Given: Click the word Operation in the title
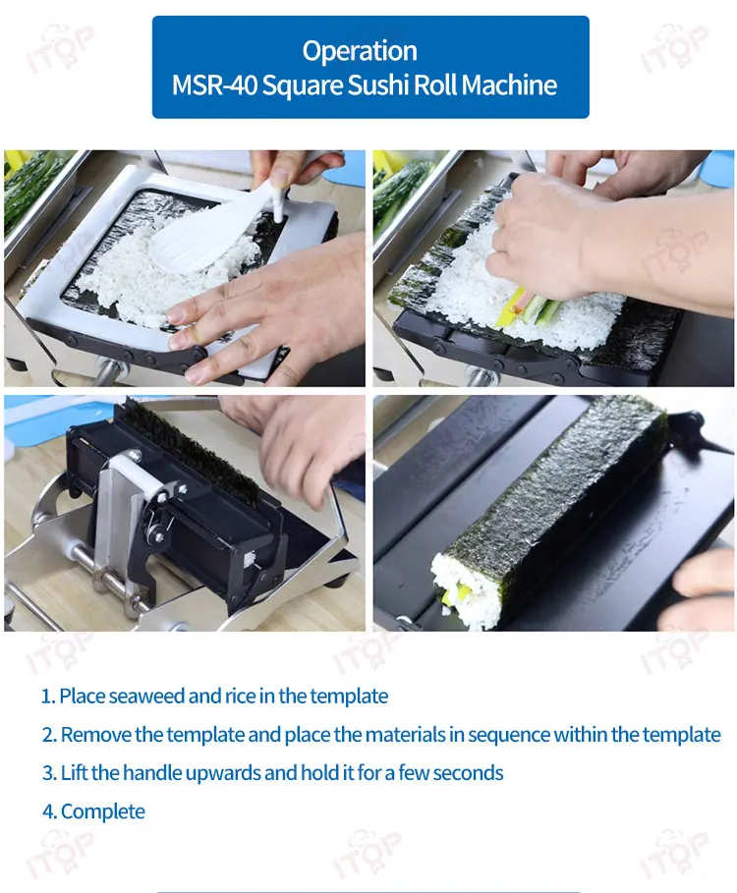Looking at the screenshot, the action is click(360, 51).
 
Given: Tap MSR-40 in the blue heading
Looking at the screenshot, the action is click(214, 85).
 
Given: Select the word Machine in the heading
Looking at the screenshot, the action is click(509, 85).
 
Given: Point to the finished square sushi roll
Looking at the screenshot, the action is click(549, 513).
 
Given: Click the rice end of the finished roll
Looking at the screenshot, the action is click(464, 592).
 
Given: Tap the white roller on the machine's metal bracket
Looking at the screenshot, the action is click(140, 478).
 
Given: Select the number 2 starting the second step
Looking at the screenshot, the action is click(48, 735).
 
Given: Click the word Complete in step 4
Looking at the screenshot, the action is click(102, 811).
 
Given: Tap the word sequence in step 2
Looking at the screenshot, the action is click(507, 735).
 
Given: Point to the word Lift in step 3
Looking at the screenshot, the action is click(74, 773).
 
